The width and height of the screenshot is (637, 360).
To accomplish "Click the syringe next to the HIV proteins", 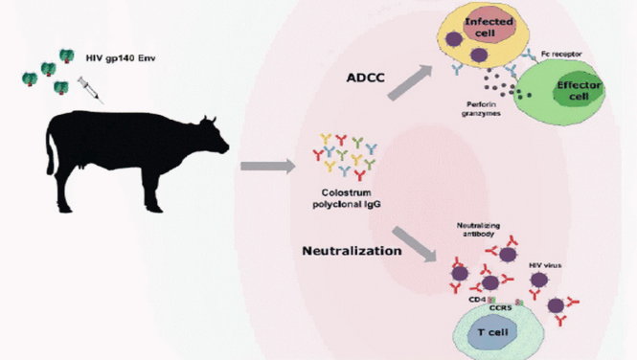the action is (x=90, y=89).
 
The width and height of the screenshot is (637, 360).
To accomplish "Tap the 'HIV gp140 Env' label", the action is (x=121, y=58).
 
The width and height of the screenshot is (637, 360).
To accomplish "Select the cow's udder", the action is (x=82, y=166).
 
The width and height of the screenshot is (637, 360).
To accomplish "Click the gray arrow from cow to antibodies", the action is (x=268, y=166).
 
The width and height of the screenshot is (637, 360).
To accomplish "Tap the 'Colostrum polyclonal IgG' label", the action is (x=347, y=198).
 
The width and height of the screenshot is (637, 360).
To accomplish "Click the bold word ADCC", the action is (x=365, y=78).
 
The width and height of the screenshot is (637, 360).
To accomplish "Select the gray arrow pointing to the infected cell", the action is (x=410, y=82).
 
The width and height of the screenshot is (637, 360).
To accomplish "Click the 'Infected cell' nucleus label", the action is (x=489, y=28).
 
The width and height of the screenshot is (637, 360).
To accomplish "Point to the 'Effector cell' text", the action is (x=579, y=91).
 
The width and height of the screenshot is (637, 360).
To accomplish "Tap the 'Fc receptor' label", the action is (x=561, y=54).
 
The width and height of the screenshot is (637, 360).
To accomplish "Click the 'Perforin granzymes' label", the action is (x=481, y=108).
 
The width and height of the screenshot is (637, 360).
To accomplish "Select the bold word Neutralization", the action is (x=352, y=251).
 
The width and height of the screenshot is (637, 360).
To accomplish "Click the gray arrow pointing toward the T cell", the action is (x=415, y=244).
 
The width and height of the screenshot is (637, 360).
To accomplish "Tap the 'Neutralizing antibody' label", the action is (x=478, y=230).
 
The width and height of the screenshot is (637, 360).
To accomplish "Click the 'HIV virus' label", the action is (x=545, y=265).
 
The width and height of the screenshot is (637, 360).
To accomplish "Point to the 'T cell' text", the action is (x=492, y=332).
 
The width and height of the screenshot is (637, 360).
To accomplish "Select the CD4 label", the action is (x=476, y=300).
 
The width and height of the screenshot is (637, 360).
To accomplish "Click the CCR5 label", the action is (x=500, y=308).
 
